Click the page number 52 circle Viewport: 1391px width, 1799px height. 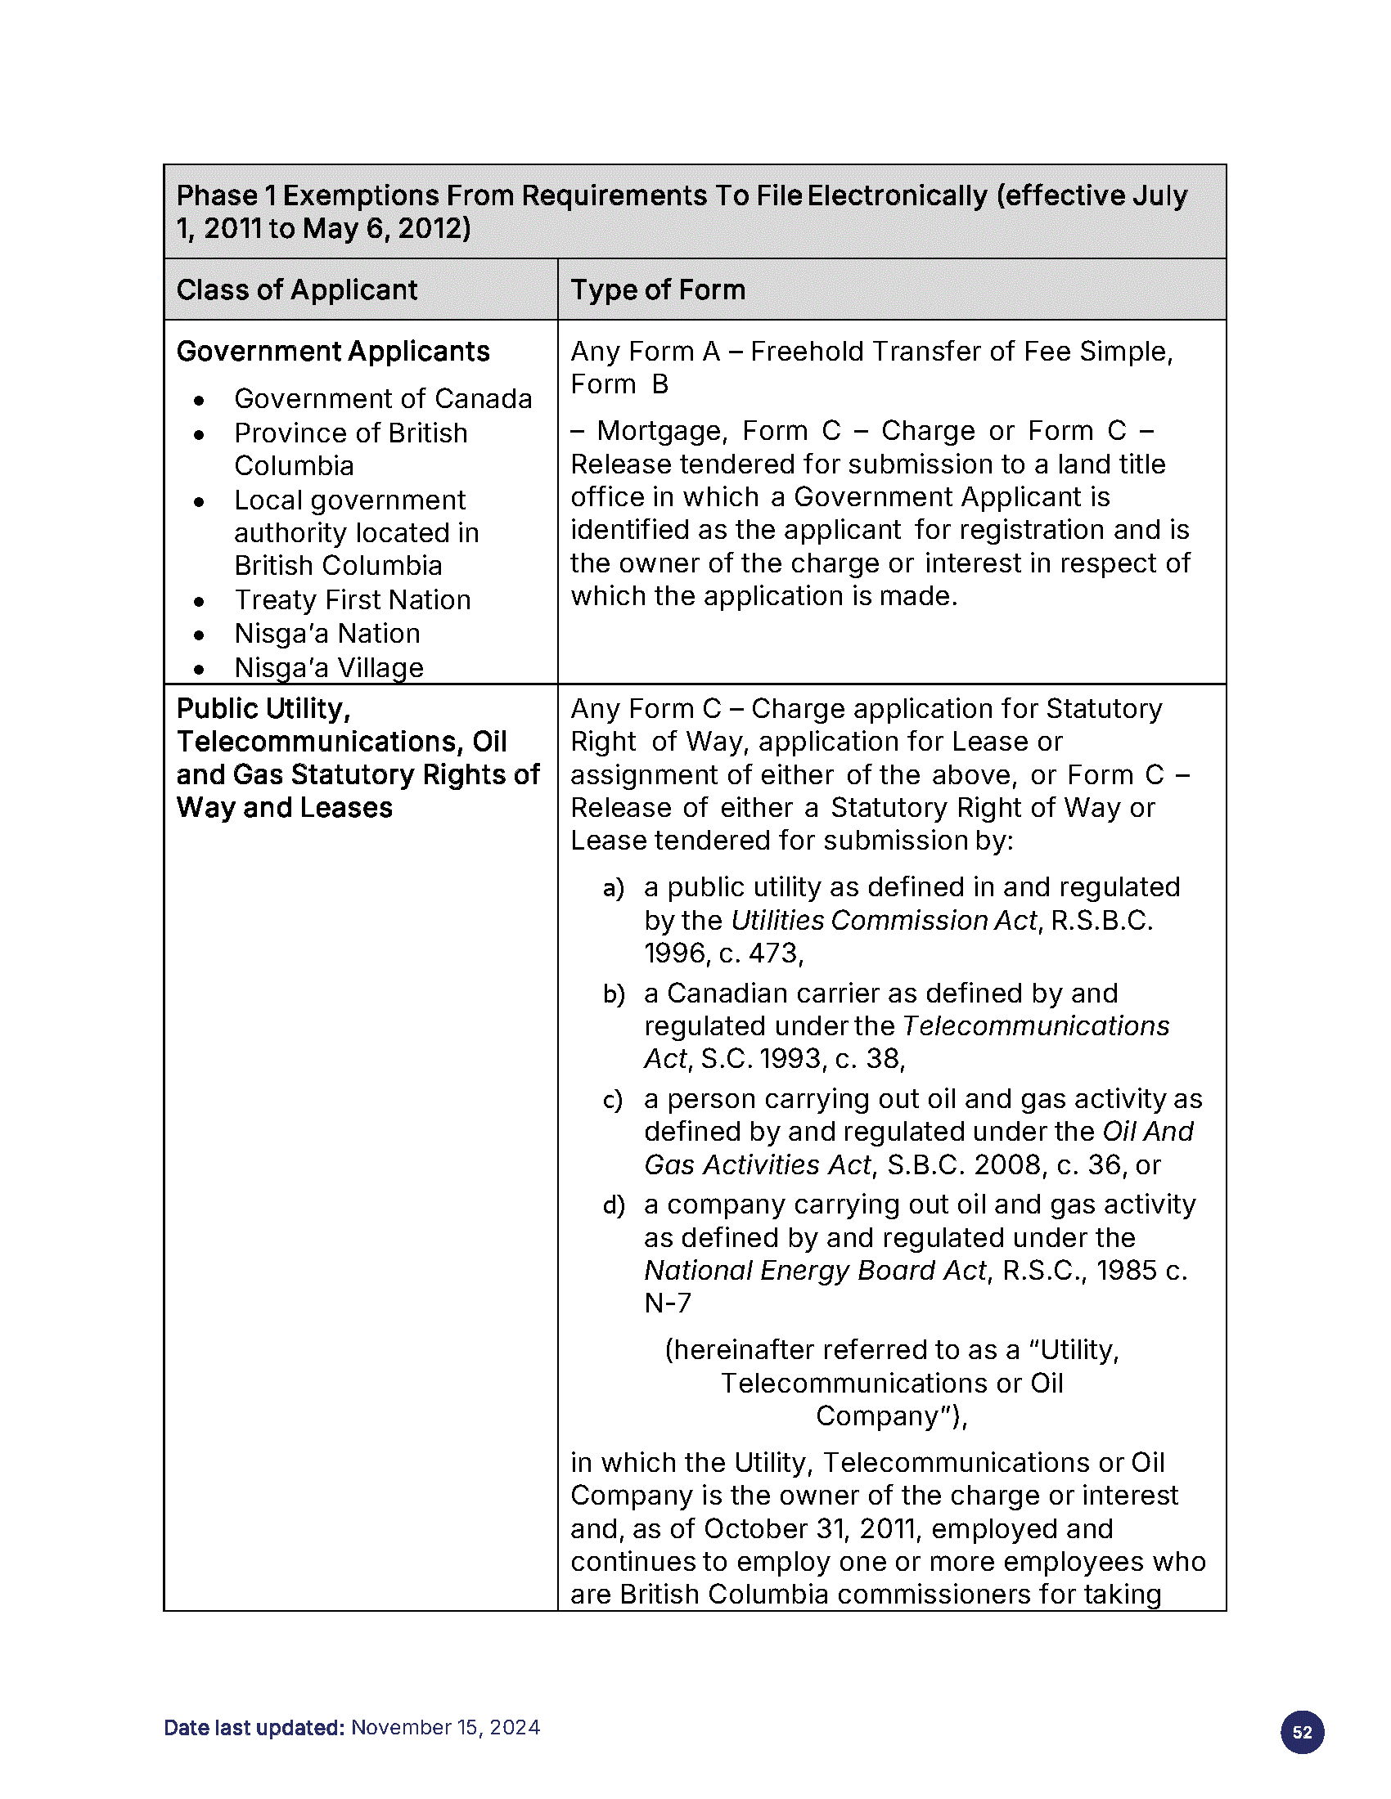pos(1302,1732)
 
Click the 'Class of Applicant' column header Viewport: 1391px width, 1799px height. pos(297,290)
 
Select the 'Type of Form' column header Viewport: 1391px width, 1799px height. pos(658,290)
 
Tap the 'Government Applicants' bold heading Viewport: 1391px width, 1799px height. pos(333,352)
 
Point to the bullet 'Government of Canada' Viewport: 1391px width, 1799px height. pos(383,399)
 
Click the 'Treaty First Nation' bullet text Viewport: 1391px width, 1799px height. pos(353,599)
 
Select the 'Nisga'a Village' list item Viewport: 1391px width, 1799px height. pos(329,667)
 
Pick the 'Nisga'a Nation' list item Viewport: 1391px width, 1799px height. pos(327,634)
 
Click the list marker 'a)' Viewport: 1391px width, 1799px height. pos(614,888)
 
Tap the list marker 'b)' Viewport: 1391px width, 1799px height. pos(614,994)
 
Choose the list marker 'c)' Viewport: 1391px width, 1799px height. pos(613,1100)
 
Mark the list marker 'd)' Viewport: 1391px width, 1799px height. pos(614,1206)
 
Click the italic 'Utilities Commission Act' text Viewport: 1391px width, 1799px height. pos(884,920)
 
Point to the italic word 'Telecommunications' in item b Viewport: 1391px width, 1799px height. pos(1036,1026)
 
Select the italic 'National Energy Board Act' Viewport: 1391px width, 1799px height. pos(815,1271)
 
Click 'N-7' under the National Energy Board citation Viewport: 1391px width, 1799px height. pos(668,1303)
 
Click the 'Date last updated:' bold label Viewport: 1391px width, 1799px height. pos(254,1727)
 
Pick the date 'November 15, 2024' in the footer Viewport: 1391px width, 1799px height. pos(446,1727)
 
